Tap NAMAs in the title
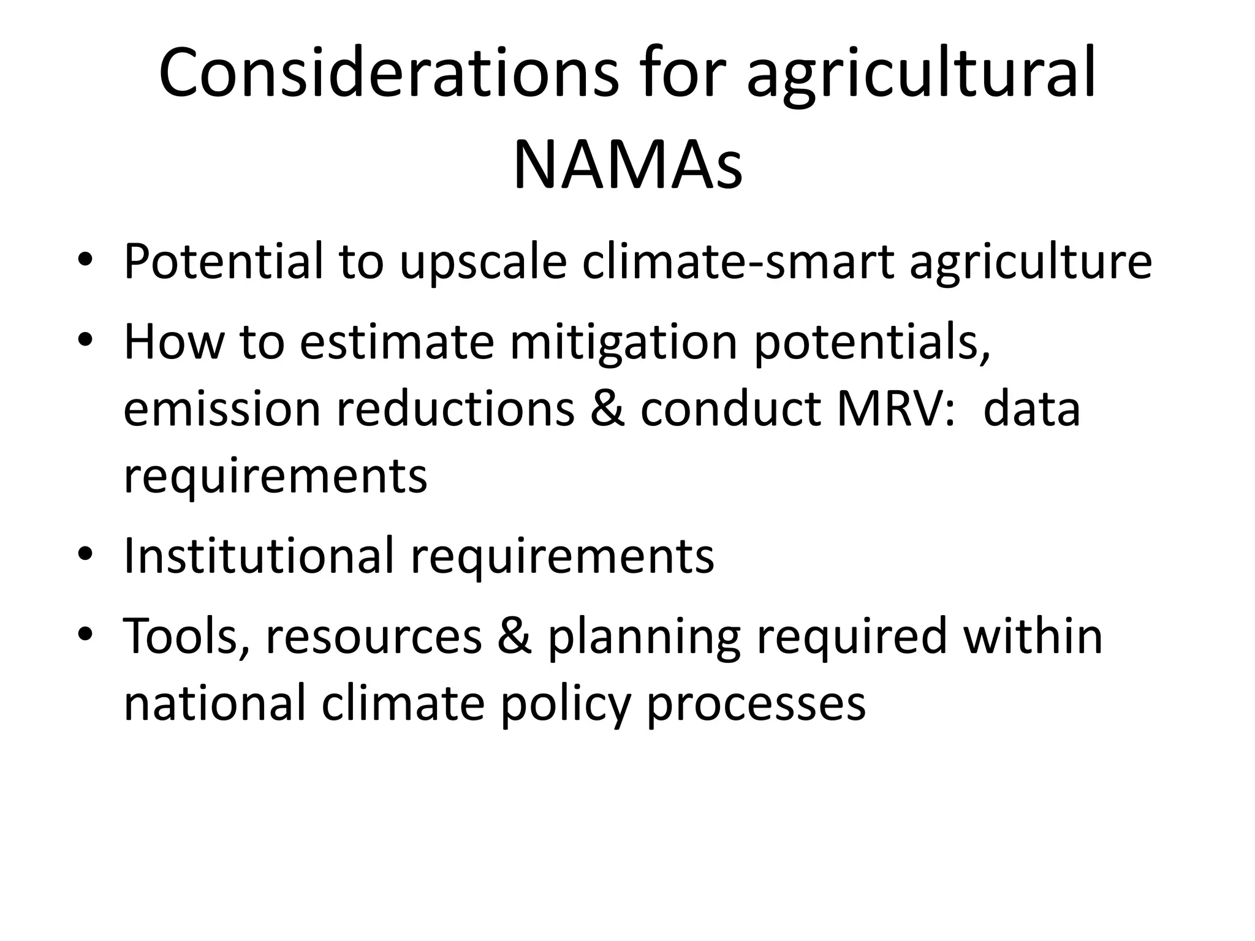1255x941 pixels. (627, 165)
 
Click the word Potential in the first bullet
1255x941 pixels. (223, 262)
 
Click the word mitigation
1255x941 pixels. (624, 343)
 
